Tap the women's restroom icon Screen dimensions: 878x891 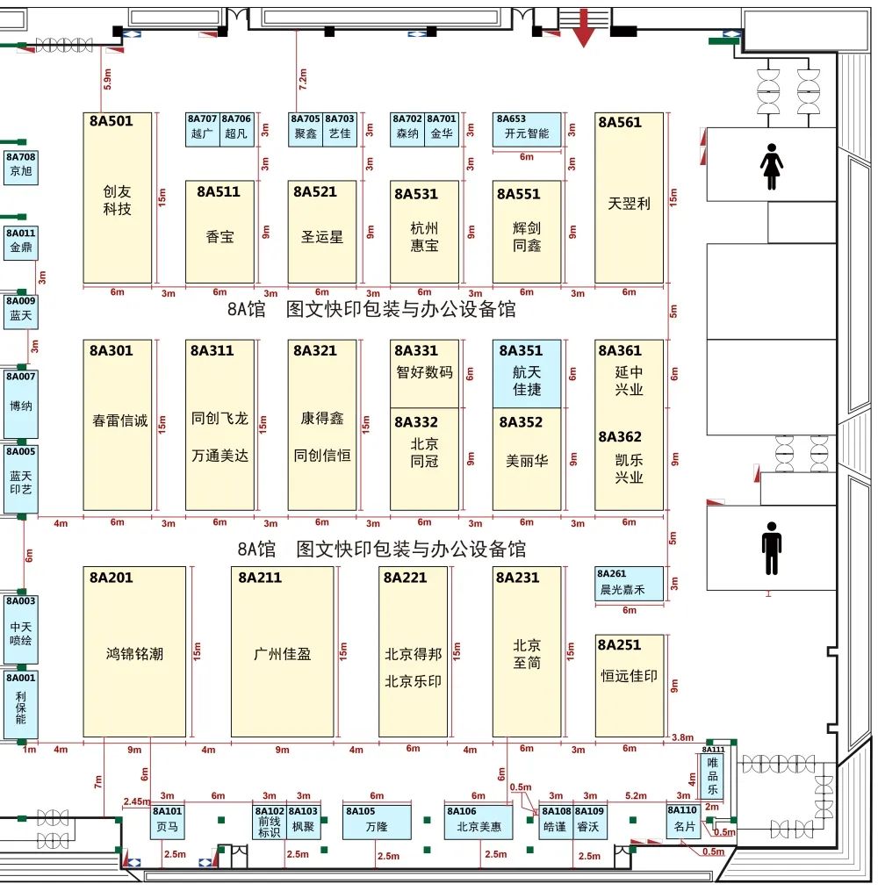(771, 166)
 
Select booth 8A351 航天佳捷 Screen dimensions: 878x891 (527, 374)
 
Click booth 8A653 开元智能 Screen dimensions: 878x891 (527, 130)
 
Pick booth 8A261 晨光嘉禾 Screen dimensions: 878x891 (630, 583)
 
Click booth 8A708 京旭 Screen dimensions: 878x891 (21, 167)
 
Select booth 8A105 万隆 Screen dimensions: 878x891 (377, 822)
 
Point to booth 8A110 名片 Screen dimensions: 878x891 (683, 822)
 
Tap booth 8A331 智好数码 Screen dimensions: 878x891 (424, 374)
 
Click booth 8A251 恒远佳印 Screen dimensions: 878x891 (630, 686)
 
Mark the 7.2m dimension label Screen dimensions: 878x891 (303, 79)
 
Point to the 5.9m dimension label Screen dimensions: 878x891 (107, 79)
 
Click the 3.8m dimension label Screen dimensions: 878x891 (682, 737)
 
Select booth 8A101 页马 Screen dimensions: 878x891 (167, 822)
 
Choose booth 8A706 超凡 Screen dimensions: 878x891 (236, 130)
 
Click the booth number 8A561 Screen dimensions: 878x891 (620, 122)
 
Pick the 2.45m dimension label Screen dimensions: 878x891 (137, 801)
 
